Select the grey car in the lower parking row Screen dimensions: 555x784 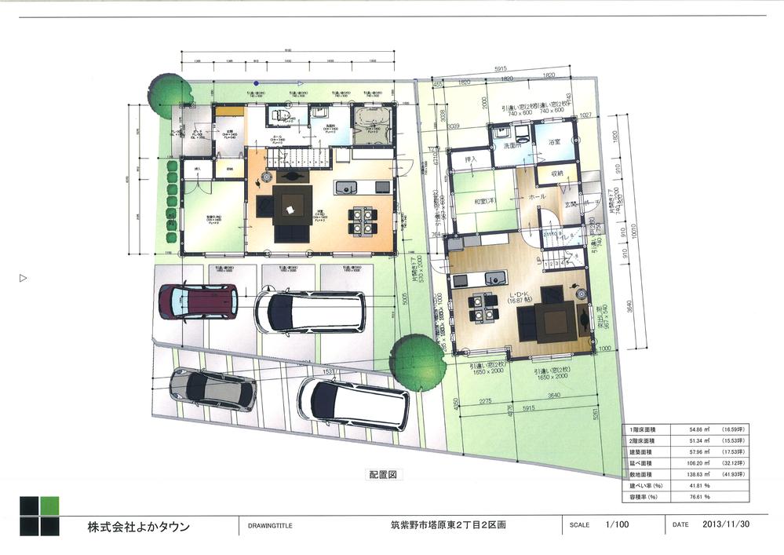point(212,389)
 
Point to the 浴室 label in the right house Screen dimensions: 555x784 point(554,142)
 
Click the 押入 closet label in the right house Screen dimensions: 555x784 point(471,159)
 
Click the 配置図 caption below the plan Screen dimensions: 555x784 point(385,474)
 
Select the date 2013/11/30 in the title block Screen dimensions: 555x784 point(725,524)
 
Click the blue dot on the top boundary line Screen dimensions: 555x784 point(255,82)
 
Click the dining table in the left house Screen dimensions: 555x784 point(360,221)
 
